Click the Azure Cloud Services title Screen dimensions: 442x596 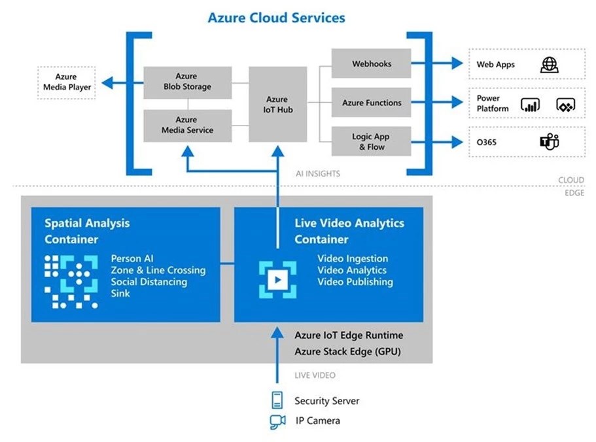276,18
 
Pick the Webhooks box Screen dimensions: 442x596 371,64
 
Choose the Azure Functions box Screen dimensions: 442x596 371,103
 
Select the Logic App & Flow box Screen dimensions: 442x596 371,141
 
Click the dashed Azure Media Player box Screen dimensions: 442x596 66,82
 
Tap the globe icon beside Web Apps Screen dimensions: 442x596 549,65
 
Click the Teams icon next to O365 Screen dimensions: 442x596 549,141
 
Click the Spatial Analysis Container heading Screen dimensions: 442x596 87,231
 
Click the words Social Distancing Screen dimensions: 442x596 149,282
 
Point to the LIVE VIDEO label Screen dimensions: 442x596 315,375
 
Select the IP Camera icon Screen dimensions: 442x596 277,422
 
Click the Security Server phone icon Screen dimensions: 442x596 277,400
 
